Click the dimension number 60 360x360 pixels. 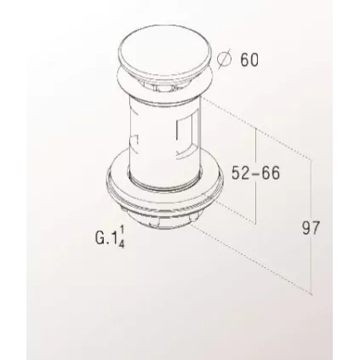point(250,60)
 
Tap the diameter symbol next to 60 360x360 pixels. point(225,60)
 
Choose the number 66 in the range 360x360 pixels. point(270,172)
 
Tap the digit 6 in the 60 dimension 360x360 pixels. point(244,60)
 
